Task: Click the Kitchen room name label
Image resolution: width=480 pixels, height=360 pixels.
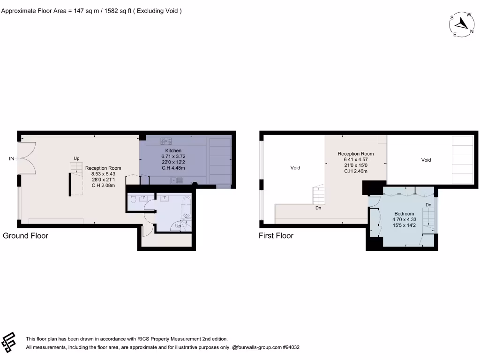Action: tap(173, 150)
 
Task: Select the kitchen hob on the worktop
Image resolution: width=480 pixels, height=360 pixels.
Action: tap(166, 140)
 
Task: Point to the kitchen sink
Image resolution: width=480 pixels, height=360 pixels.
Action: tap(177, 179)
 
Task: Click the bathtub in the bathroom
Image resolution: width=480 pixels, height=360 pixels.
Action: tap(186, 208)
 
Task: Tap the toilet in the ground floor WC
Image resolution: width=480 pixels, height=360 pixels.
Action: tap(134, 200)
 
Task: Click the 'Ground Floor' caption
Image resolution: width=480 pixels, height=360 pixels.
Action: tap(25, 236)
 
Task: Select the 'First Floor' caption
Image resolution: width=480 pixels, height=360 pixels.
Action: tap(276, 236)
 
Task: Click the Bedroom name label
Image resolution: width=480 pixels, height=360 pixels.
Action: tap(403, 214)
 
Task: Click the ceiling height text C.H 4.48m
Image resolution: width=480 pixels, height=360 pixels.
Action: tap(173, 167)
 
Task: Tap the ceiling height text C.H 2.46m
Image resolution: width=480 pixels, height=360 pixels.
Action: tap(356, 171)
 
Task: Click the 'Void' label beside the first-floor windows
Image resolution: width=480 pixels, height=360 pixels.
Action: tap(295, 167)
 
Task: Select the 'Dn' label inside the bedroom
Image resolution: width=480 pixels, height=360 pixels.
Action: tap(428, 205)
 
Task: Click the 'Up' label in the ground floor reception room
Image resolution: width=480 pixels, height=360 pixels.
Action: tap(76, 158)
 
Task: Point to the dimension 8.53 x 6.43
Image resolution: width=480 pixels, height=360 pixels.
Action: tap(103, 173)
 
